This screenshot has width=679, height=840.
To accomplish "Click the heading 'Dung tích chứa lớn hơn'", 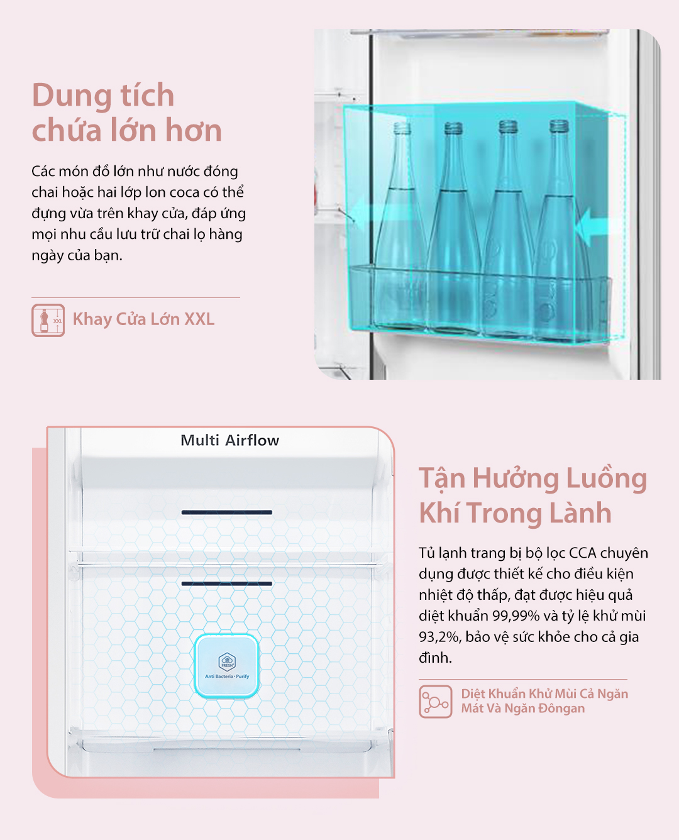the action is (126, 112).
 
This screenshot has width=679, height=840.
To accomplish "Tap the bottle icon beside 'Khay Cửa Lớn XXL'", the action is (48, 320).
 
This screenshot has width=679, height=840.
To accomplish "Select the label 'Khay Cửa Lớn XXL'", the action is (143, 319).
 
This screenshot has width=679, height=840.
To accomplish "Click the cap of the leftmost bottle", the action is (402, 128).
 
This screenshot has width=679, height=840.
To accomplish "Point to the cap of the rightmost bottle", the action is (559, 126).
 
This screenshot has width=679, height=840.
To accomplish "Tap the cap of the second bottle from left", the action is (453, 128).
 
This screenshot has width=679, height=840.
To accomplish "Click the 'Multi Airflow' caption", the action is (230, 441).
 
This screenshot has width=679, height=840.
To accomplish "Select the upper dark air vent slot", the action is (227, 512).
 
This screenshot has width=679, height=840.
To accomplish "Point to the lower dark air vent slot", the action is (227, 583).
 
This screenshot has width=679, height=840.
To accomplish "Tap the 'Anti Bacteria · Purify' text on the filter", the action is (227, 677).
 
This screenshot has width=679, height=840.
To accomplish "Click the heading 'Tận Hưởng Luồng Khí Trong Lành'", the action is (533, 495).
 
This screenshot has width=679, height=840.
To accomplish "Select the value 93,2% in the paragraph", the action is (439, 637).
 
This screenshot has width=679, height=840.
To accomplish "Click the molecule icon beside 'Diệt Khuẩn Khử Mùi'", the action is (436, 702).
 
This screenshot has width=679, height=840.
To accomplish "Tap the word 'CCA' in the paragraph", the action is (582, 553).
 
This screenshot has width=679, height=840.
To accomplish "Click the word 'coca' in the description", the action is (199, 192).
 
